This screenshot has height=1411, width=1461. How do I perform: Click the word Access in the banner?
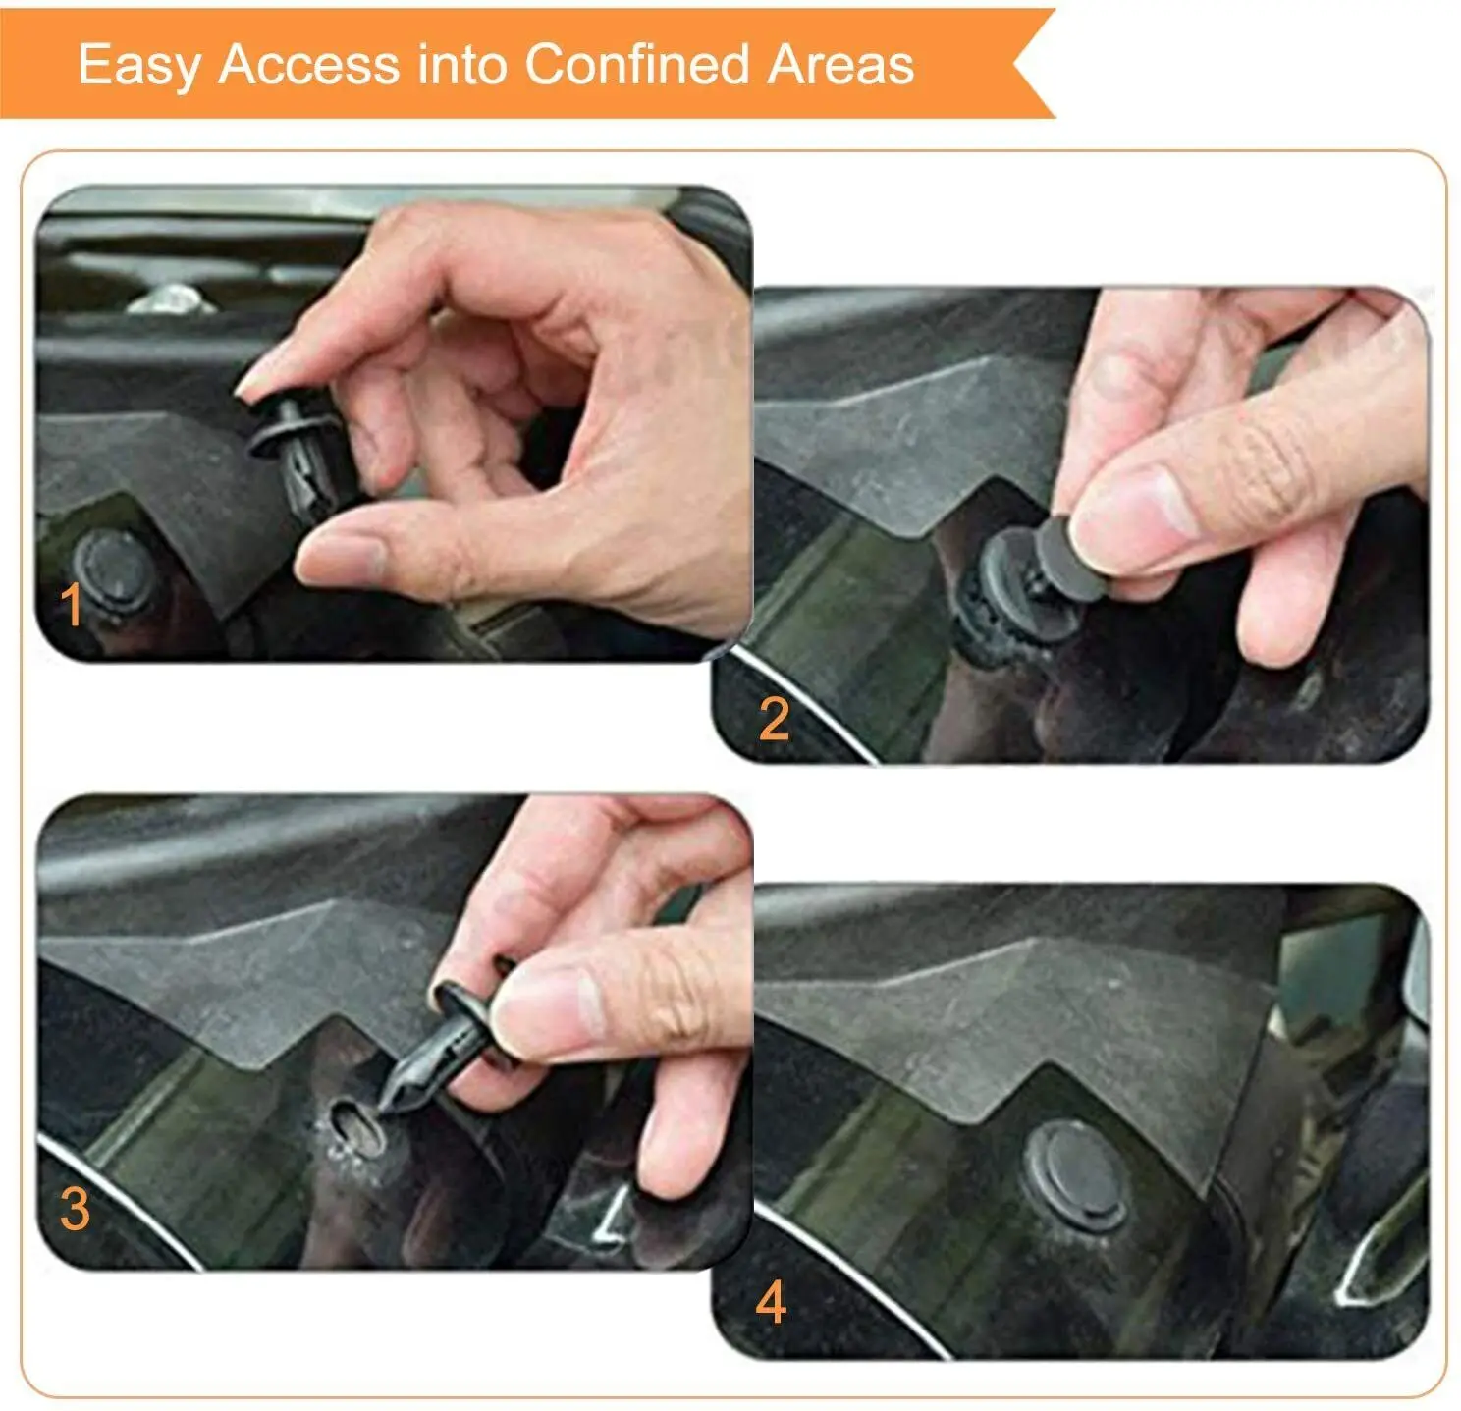coord(308,65)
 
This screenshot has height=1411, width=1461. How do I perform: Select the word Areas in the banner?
coord(840,65)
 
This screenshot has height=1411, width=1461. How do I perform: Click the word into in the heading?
coord(461,65)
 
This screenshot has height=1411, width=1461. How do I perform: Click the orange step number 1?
coord(72,605)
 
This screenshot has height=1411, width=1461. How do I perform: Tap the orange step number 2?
coord(774,720)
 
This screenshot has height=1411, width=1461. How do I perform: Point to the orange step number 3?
coord(75,1208)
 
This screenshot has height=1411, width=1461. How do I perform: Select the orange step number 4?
coord(771,1303)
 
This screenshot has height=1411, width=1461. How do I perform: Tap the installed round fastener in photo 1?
coord(113,570)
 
